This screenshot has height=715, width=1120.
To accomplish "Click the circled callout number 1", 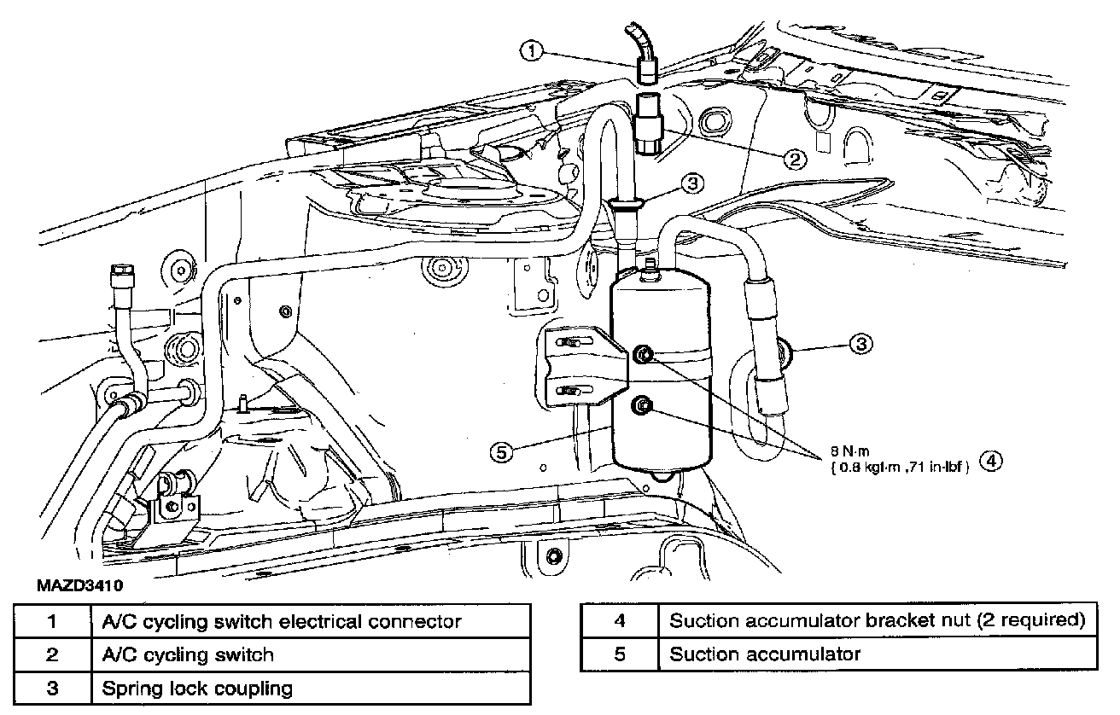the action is (532, 51).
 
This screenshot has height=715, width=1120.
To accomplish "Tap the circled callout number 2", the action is (795, 159).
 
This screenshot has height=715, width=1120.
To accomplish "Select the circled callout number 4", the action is (990, 461).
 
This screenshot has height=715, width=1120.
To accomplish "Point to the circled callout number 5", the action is (501, 452).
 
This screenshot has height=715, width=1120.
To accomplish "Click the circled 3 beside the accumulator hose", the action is (861, 344).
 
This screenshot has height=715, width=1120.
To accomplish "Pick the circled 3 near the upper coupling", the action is (692, 184).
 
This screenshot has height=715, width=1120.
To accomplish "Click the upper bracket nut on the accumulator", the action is (643, 355).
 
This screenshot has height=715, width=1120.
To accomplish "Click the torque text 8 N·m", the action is (850, 451).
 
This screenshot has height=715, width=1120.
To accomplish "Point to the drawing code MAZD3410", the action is (79, 585).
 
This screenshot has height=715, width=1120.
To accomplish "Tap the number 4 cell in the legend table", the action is (620, 620).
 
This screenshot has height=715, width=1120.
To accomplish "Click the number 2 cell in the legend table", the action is (53, 654).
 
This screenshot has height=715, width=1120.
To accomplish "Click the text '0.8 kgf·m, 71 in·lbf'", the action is (900, 468).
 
